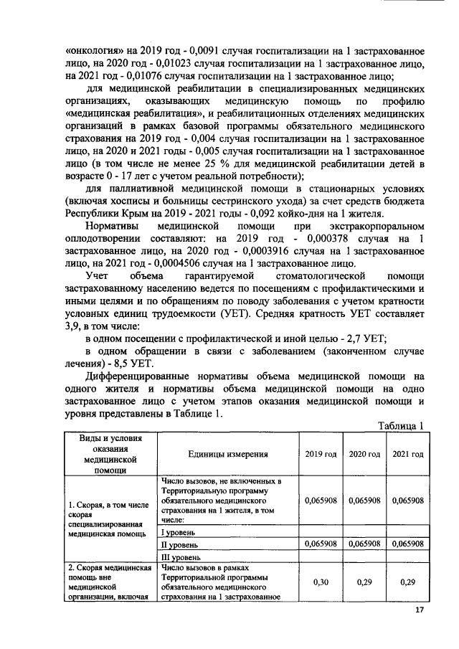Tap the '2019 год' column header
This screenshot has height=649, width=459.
(x=321, y=454)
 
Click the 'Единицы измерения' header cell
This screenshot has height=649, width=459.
(x=228, y=454)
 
